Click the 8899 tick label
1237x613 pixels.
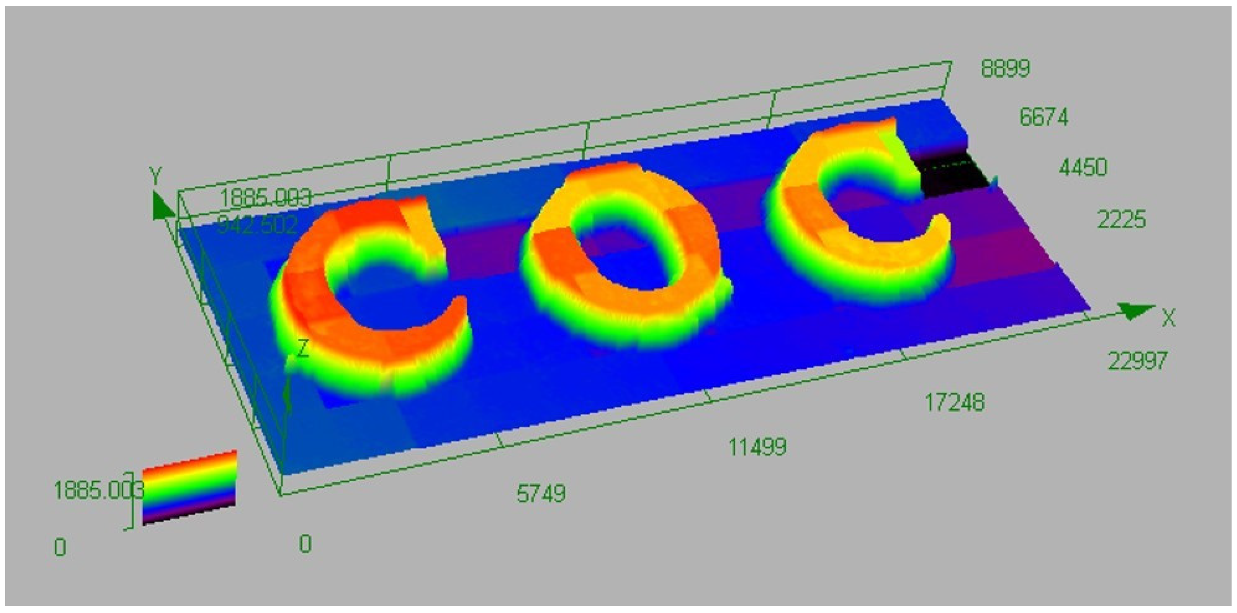pyautogui.click(x=1005, y=69)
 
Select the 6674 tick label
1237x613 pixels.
pyautogui.click(x=1044, y=118)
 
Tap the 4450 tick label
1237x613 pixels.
pyautogui.click(x=1083, y=168)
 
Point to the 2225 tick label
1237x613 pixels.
pyautogui.click(x=1121, y=220)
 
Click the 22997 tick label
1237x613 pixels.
pyautogui.click(x=1137, y=361)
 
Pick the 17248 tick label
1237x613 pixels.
pyautogui.click(x=954, y=403)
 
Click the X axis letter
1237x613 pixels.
pyautogui.click(x=1168, y=319)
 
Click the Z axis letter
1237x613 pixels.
pyautogui.click(x=302, y=349)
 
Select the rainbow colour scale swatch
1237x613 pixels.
pyautogui.click(x=190, y=488)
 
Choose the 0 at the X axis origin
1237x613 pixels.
pyautogui.click(x=305, y=544)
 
